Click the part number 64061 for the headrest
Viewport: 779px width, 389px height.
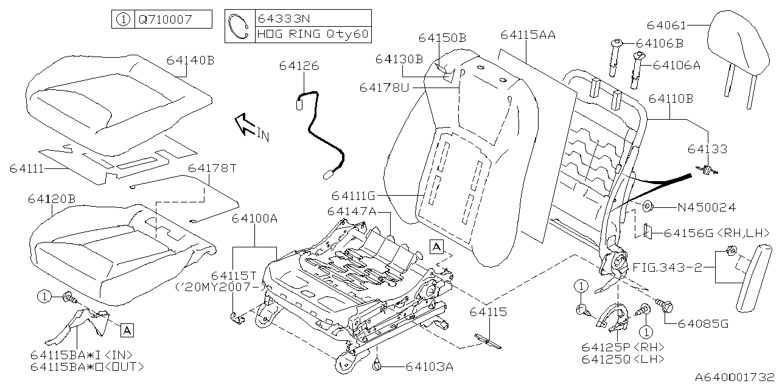666,26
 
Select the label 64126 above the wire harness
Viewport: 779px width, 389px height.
299,66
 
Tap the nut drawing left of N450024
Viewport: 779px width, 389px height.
648,207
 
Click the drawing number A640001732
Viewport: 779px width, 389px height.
735,377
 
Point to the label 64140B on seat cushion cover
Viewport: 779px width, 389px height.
190,60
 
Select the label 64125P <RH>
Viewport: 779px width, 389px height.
622,346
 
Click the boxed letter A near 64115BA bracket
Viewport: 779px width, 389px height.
127,330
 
